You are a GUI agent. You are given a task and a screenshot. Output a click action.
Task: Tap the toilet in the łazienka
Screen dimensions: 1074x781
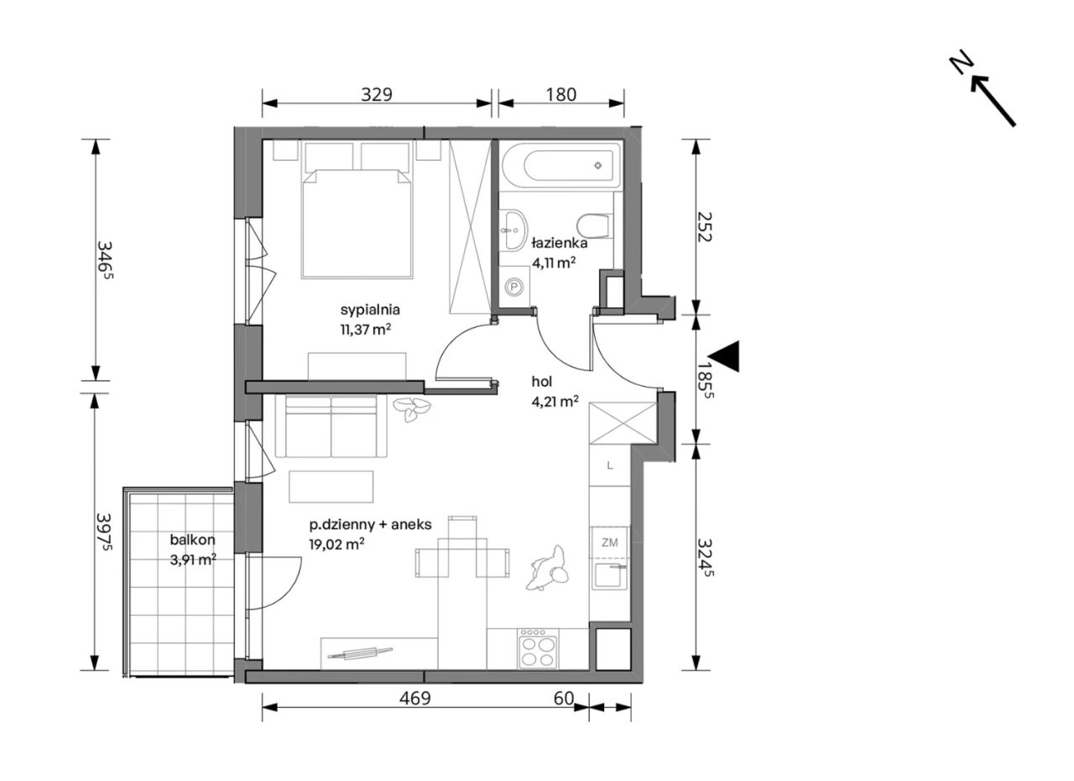(x=594, y=226)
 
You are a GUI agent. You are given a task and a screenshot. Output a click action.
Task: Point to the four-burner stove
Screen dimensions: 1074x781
(x=538, y=648)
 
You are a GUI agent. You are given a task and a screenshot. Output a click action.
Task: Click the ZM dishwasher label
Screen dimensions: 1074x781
(x=609, y=542)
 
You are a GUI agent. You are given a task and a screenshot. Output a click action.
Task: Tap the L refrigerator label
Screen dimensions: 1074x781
(x=610, y=465)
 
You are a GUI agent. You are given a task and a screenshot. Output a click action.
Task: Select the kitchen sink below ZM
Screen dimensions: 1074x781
(x=610, y=575)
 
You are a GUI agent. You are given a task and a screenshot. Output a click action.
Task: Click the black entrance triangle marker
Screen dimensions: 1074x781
(x=724, y=357)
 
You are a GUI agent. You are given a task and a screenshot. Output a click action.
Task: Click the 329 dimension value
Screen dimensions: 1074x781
(x=377, y=95)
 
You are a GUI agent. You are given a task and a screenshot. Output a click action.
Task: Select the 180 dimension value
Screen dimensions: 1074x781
(x=561, y=95)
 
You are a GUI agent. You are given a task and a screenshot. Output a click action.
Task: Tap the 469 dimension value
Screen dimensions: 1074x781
(x=415, y=698)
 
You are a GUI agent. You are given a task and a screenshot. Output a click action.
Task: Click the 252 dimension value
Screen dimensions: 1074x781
(x=703, y=226)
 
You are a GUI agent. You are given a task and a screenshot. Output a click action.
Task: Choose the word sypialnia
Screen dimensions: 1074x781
(x=370, y=310)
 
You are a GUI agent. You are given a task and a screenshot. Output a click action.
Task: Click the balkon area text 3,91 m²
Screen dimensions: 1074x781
(x=193, y=560)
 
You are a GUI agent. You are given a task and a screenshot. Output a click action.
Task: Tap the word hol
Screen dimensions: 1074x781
(x=542, y=382)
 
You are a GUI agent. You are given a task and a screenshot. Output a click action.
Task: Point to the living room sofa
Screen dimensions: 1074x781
(x=331, y=426)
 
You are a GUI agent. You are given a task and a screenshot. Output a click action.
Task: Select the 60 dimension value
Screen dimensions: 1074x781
(x=564, y=698)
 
